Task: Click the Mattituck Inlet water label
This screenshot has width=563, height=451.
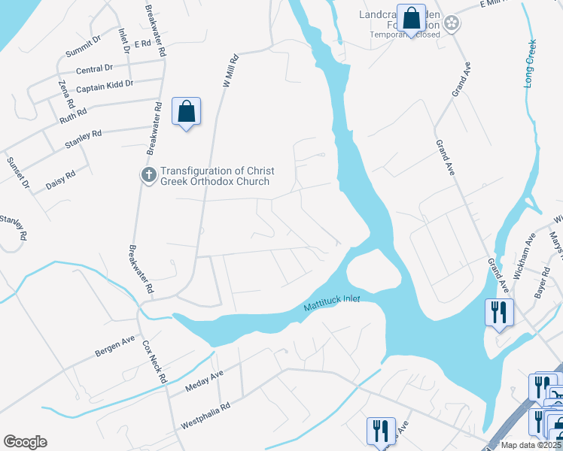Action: pos(332,304)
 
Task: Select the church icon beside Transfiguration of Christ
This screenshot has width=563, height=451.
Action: pos(148,175)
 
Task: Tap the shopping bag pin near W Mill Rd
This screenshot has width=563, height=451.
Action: pos(186,114)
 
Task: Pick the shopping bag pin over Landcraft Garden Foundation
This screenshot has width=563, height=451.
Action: pos(411,20)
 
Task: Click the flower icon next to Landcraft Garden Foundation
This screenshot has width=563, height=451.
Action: pos(451,24)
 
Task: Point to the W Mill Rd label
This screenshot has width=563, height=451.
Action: pos(230,71)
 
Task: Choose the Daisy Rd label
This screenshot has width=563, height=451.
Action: pos(60,180)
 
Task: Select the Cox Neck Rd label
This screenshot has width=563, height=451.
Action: pos(154,363)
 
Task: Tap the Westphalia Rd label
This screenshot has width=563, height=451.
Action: pos(205,419)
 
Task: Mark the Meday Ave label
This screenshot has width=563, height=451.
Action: pos(205,383)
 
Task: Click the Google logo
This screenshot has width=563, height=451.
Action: pos(25,442)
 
